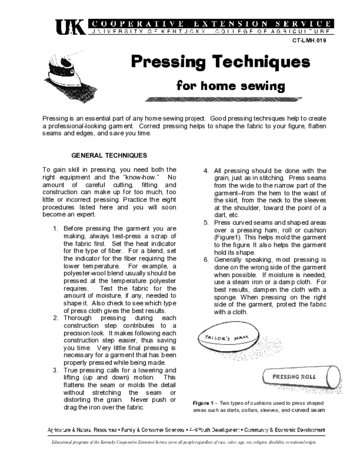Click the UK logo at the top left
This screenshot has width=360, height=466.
(x=70, y=28)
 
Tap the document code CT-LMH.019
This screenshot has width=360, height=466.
(x=309, y=41)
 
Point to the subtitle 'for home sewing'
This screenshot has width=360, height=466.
(x=230, y=85)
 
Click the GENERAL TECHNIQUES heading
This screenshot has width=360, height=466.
(x=109, y=155)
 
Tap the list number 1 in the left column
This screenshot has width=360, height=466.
(x=56, y=228)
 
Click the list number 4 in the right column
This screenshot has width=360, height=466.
(x=206, y=171)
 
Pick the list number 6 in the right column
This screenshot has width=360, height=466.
(x=206, y=260)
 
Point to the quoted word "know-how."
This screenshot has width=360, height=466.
(x=145, y=177)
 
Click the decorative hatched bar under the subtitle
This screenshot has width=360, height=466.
(x=223, y=99)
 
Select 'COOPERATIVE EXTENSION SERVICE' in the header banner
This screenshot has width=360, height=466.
(x=212, y=23)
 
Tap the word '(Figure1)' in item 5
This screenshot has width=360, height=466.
(x=229, y=237)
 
